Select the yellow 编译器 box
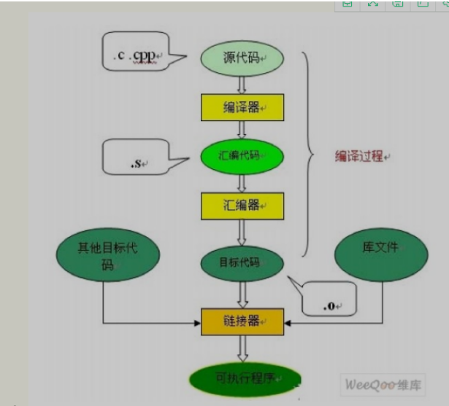[x=242, y=107]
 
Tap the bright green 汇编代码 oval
[x=242, y=155]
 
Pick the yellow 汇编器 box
[x=242, y=205]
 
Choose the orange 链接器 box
[x=242, y=321]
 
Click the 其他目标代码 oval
[x=107, y=255]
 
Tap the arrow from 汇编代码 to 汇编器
[x=242, y=181]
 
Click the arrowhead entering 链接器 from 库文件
[x=288, y=321]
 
